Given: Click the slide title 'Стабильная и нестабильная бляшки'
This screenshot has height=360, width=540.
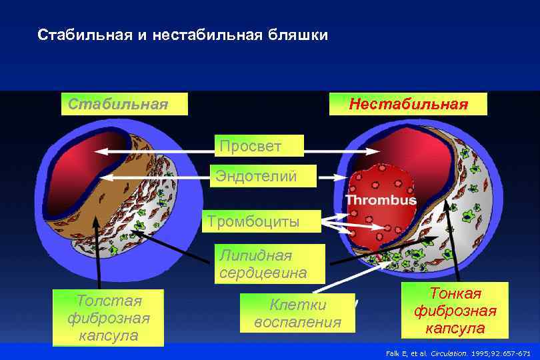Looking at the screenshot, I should coord(183,35).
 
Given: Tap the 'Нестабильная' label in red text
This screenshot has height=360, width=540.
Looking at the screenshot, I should coord(409,104).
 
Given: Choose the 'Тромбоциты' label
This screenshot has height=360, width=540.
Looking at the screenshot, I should coord(253,221).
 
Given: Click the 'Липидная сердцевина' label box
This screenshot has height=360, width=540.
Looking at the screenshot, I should coord(263,264).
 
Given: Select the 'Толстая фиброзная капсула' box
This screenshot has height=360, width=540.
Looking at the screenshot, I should coord(108,317).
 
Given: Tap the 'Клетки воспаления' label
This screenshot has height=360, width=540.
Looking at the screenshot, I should coord(297,314).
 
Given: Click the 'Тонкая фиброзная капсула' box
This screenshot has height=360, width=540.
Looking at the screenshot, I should coord(455,311).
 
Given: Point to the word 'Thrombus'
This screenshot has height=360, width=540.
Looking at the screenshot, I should coord(381,200).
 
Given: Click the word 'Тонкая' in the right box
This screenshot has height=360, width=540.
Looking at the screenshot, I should coord(455,294).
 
